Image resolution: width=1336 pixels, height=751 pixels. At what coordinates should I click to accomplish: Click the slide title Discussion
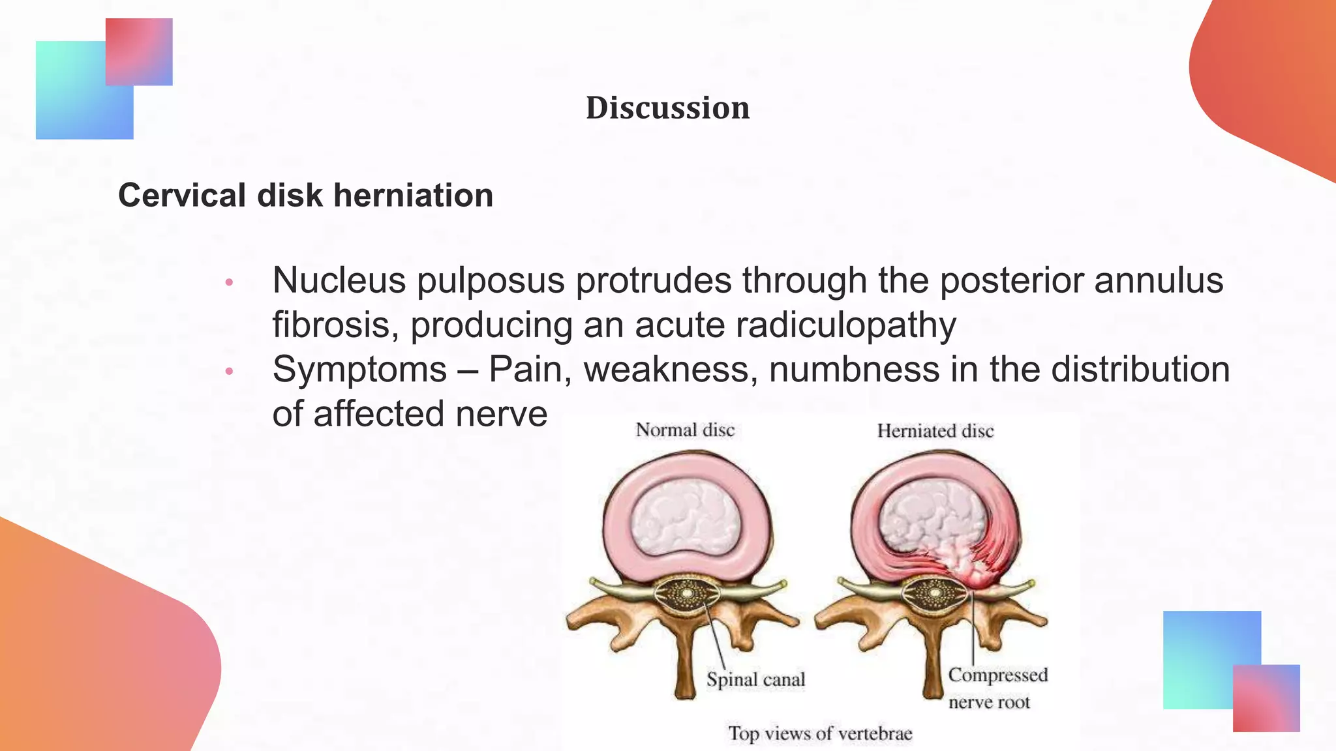[x=667, y=108]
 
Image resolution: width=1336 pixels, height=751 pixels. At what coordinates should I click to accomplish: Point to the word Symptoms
[x=359, y=370]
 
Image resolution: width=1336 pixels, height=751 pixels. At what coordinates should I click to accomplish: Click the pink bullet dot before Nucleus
[x=229, y=282]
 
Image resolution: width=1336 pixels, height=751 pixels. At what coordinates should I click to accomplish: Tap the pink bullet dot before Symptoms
[x=229, y=371]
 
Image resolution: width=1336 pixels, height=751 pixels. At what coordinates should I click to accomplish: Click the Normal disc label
[x=685, y=430]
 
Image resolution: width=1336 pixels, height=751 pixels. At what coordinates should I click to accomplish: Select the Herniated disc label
[x=935, y=431]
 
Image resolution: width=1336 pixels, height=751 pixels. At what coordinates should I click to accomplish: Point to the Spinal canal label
[x=755, y=679]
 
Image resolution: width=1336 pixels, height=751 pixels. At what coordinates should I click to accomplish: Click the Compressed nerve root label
[x=997, y=688]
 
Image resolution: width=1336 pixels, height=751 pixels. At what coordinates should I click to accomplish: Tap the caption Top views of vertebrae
[x=820, y=733]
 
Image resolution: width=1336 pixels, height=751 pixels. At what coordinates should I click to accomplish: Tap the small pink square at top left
[x=139, y=52]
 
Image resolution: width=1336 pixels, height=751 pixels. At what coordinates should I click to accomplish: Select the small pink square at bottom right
[x=1266, y=698]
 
